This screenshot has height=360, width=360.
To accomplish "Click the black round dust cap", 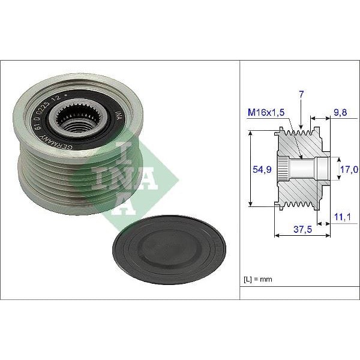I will pyautogui.click(x=169, y=248).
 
